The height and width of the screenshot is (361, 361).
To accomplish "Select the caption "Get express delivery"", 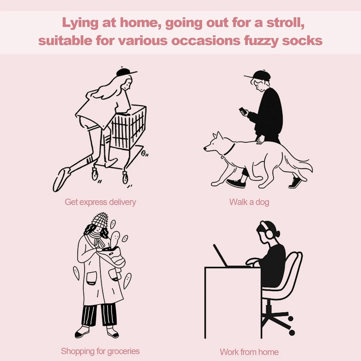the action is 100,202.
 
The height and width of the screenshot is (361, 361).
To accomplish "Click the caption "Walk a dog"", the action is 249,202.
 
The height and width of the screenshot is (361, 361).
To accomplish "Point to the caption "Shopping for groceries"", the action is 100,351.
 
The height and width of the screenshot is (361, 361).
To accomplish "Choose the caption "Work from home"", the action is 249,352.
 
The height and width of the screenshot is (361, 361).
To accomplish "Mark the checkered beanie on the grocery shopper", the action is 100,219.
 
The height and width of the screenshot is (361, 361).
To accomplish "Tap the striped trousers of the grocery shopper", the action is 99,314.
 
